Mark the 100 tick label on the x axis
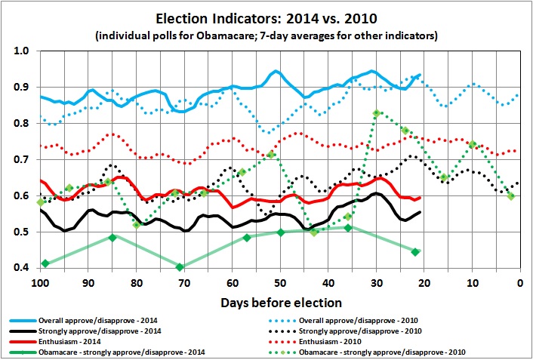40,282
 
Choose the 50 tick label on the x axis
280,282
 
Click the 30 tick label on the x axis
376,282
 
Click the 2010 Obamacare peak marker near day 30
376,113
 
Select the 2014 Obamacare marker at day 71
180,266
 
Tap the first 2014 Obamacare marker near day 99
45,263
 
